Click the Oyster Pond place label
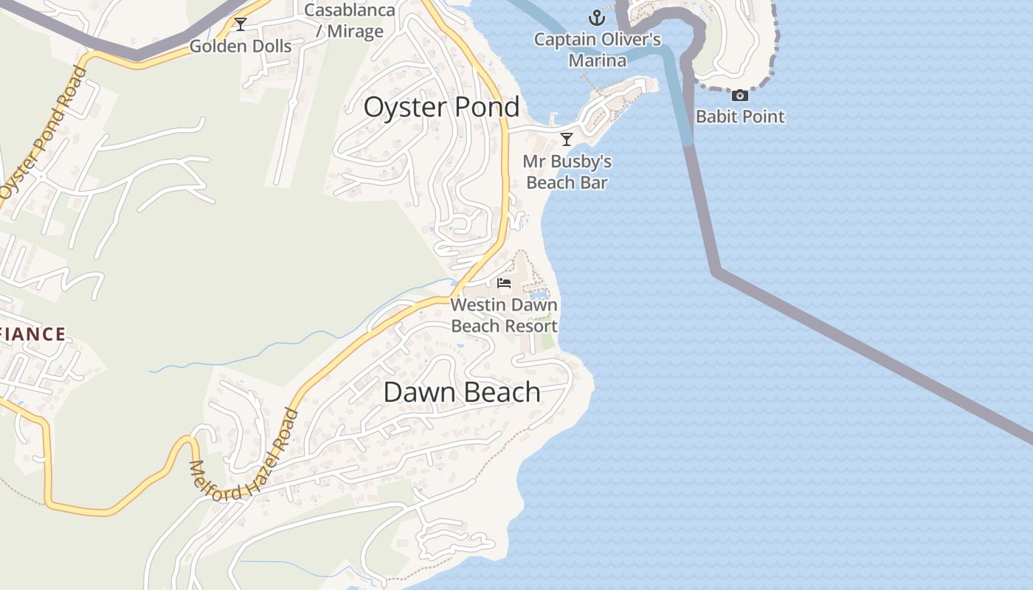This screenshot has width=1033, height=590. click(x=441, y=108)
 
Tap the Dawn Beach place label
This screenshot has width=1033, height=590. click(x=462, y=392)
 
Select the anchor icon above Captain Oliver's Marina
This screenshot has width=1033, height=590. click(x=596, y=18)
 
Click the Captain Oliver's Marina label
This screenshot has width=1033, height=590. click(x=598, y=49)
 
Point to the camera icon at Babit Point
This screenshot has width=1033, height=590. click(x=740, y=95)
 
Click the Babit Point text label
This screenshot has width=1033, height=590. click(x=740, y=117)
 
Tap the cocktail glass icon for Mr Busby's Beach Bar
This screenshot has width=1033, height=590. click(x=567, y=139)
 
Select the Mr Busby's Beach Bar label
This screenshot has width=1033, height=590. click(x=567, y=172)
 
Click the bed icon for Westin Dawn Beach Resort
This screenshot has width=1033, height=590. click(x=505, y=283)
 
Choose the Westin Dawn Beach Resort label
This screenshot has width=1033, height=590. click(x=504, y=315)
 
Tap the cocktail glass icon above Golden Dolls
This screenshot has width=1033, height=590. click(x=241, y=24)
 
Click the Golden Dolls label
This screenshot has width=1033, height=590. click(x=241, y=46)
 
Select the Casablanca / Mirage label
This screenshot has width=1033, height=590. click(x=349, y=21)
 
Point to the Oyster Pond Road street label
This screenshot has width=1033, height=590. click(x=43, y=133)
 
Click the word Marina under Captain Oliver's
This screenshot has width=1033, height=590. click(x=598, y=60)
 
